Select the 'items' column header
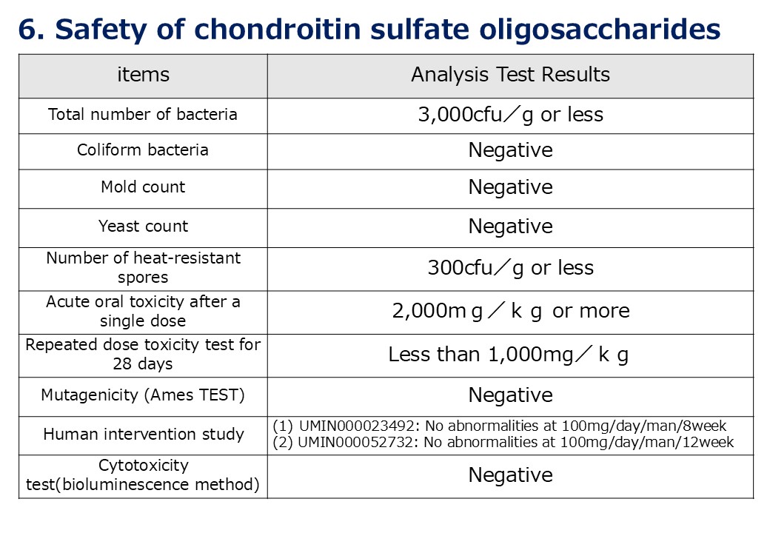[144, 75]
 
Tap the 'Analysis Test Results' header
[510, 75]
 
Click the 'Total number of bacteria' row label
[143, 114]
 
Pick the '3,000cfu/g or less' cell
[510, 115]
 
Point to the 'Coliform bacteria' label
[143, 150]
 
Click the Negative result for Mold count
[510, 187]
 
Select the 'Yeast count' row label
[143, 227]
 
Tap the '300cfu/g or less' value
[510, 268]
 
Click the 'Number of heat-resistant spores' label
[143, 267]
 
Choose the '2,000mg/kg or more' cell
[510, 311]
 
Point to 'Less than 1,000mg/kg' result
[508, 355]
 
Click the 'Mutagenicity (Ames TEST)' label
[143, 395]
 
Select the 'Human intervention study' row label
[144, 435]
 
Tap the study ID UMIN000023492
[357, 426]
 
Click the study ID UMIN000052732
[355, 442]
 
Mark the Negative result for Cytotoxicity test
[510, 475]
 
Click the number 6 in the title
[27, 30]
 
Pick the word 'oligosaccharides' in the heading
[600, 30]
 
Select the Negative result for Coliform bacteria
[510, 150]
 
